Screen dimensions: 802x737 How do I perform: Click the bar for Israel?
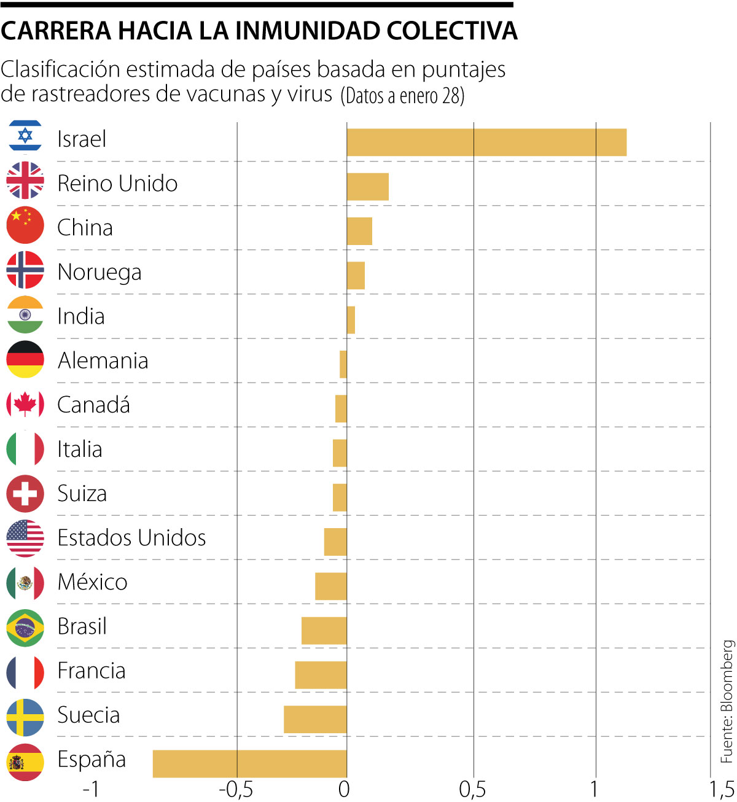coord(486,142)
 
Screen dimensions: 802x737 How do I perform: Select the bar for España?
coord(249,763)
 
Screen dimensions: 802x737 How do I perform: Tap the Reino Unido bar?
coord(367,187)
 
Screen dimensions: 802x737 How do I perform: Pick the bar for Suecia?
coord(315,719)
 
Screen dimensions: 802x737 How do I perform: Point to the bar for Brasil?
coord(324,631)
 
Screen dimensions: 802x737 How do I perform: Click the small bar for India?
coord(351,320)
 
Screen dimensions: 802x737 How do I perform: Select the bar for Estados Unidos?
coord(335,542)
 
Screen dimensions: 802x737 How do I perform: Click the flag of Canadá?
coord(25,405)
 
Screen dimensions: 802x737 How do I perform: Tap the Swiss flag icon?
coord(25,493)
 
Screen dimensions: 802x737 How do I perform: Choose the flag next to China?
coord(25,225)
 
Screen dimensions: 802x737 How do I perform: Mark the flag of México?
coord(25,582)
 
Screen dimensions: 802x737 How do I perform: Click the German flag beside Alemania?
coord(25,359)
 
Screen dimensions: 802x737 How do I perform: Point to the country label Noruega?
coord(99,272)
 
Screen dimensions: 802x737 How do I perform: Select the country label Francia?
coord(92,671)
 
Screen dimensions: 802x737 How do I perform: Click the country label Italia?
coord(80,449)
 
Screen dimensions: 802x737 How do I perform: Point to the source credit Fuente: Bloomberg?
coord(727,701)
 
